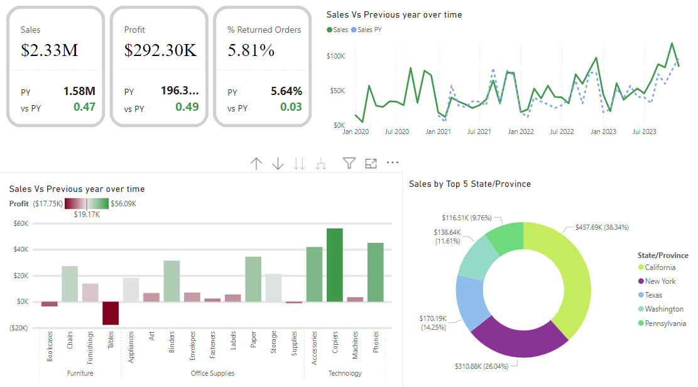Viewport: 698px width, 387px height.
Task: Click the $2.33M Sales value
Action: (x=50, y=50)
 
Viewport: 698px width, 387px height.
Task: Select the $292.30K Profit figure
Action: (x=160, y=50)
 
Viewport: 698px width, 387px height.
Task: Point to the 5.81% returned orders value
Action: (x=251, y=50)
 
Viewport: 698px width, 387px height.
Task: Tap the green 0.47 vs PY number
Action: (x=84, y=107)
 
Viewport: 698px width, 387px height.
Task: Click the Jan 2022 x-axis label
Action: (x=521, y=132)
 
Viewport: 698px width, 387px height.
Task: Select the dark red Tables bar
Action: (x=111, y=313)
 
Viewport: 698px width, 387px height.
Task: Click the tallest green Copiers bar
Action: (x=334, y=265)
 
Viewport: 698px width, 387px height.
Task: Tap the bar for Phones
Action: (x=375, y=272)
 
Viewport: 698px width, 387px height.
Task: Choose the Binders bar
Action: (x=172, y=281)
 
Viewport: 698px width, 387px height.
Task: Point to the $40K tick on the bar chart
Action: (x=21, y=249)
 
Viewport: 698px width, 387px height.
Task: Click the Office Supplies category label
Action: (x=212, y=373)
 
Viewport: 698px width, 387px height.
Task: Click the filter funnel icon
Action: (x=349, y=163)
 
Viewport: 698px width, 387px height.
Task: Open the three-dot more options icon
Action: (x=393, y=162)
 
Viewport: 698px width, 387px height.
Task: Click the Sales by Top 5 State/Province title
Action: (x=469, y=184)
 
